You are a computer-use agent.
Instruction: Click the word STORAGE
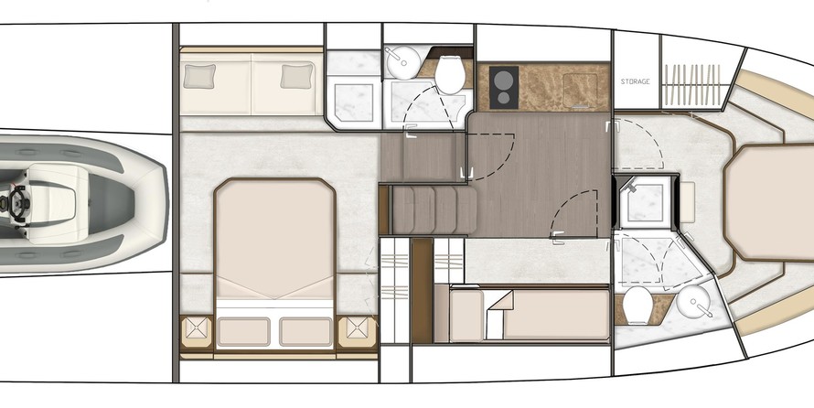click(x=635, y=81)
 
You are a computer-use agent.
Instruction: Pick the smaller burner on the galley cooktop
click(x=503, y=98)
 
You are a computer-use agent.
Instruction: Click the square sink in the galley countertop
click(x=579, y=90)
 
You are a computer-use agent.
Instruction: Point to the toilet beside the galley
click(x=450, y=75)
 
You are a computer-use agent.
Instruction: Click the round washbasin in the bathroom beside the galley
click(x=402, y=62)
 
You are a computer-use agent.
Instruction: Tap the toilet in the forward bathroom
click(x=637, y=306)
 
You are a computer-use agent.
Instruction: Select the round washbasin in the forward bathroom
click(x=693, y=302)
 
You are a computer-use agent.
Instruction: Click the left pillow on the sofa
click(x=200, y=76)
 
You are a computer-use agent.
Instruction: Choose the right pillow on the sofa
click(x=297, y=76)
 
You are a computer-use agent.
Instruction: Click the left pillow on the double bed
click(x=243, y=332)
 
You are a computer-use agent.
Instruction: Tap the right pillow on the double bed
click(x=305, y=332)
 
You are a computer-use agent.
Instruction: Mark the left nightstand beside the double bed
click(x=197, y=333)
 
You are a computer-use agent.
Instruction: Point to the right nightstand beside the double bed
click(x=358, y=333)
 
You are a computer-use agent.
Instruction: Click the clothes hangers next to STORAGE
click(x=693, y=83)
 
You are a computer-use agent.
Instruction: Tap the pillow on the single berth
click(x=466, y=315)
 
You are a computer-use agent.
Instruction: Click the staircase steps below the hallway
click(x=434, y=209)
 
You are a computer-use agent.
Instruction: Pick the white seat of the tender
click(x=57, y=203)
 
